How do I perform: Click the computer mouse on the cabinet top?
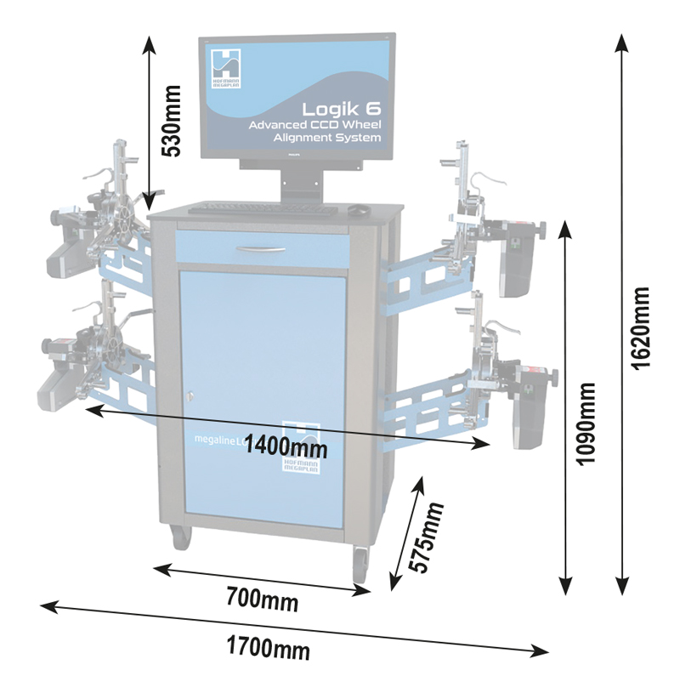(x=359, y=209)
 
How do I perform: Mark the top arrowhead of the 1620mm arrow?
(x=623, y=41)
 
